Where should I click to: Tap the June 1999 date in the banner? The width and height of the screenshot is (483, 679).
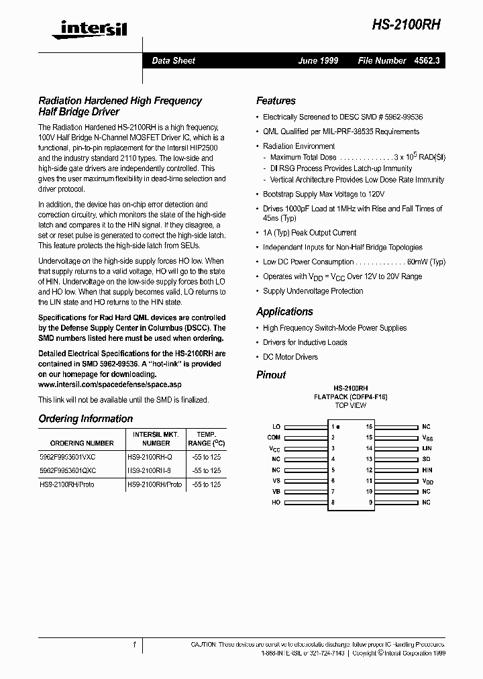click(318, 60)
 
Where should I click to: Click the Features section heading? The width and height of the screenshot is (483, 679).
click(276, 101)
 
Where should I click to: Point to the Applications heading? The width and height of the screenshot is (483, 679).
click(284, 311)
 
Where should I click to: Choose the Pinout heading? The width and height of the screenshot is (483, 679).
click(271, 374)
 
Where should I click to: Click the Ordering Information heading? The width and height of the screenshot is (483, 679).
click(85, 419)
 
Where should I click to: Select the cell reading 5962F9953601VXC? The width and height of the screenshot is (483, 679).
click(67, 456)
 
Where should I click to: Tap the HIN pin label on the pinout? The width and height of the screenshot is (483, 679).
click(427, 470)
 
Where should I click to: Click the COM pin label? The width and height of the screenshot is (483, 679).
click(274, 437)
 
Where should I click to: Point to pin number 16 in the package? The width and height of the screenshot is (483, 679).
click(369, 427)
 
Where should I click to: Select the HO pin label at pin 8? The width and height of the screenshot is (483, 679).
click(276, 503)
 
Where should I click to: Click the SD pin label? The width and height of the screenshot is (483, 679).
click(426, 459)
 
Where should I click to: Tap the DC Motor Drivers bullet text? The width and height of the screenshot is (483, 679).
click(290, 357)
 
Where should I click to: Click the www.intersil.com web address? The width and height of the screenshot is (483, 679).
click(109, 384)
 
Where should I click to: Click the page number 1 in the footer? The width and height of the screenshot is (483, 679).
click(135, 645)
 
